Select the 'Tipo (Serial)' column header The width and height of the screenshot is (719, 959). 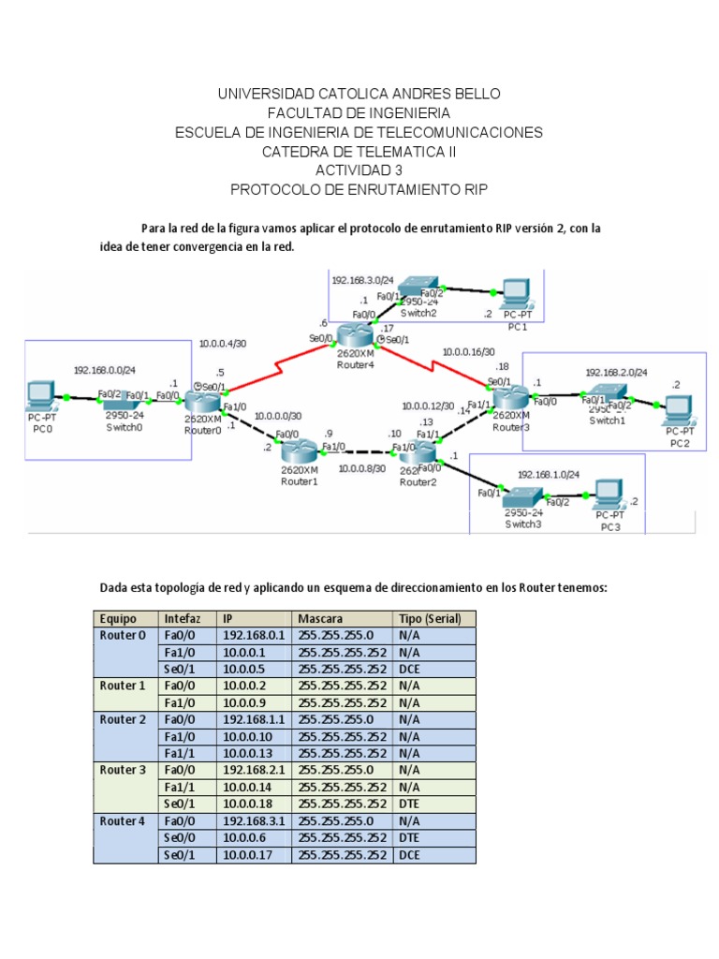click(433, 619)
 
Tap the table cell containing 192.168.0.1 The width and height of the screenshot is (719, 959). click(254, 636)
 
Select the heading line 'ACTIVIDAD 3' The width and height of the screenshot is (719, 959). click(359, 170)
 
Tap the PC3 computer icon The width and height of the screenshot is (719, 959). click(609, 494)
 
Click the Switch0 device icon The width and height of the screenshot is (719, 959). click(125, 401)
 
